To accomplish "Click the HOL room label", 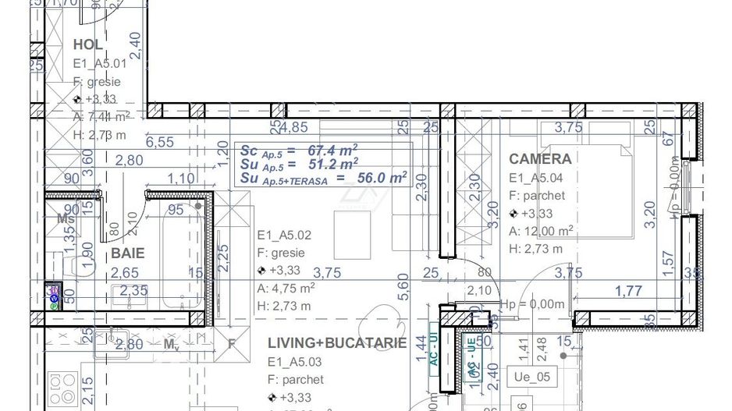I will coord(88,44).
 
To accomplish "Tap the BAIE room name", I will coord(127,253).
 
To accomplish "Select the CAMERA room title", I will coord(539,158).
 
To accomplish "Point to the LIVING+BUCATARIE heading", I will coord(336,343).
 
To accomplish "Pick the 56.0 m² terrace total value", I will coord(382,178).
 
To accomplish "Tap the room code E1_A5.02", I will coord(285,234).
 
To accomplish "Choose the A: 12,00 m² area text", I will coord(541,231).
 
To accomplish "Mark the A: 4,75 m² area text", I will coord(286,288).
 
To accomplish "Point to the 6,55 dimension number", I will coord(159,142).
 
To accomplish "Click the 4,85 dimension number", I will coord(293,127).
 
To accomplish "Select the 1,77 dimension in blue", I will coord(629,292).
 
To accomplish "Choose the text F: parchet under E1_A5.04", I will coord(537,196).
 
